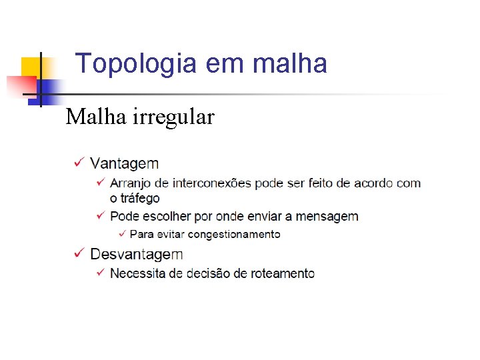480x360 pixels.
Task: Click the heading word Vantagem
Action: [x=125, y=163]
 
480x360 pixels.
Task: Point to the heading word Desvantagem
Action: [x=137, y=254]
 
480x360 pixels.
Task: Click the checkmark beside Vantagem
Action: [x=79, y=163]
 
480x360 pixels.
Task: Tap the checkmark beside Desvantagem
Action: [x=79, y=253]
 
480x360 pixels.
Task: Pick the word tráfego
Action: [x=141, y=198]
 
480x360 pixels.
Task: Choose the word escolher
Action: [x=163, y=216]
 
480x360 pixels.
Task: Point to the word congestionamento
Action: [x=234, y=234]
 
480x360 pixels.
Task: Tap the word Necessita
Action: [x=138, y=273]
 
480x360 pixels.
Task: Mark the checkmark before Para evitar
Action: [x=121, y=233]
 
